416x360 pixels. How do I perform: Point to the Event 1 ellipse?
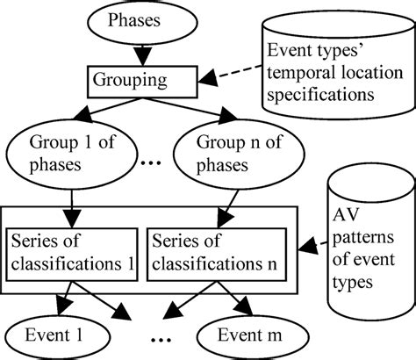coord(55,337)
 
